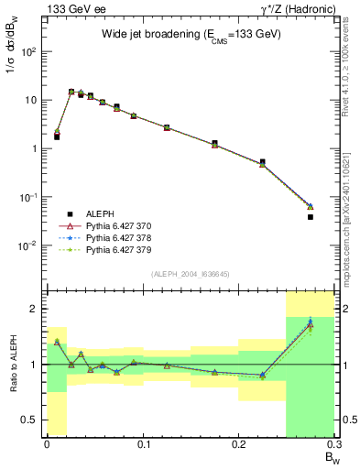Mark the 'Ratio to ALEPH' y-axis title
pos(12,364)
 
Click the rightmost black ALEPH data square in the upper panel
pos(311,217)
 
